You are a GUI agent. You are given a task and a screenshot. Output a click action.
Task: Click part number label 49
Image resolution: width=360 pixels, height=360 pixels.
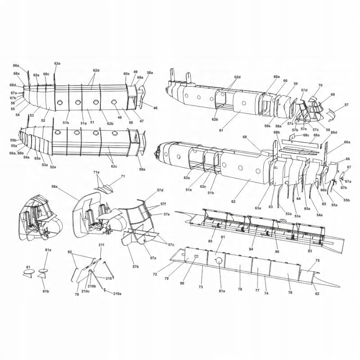click(135, 72)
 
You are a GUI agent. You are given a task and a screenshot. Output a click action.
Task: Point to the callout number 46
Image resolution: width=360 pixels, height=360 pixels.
click(155, 108)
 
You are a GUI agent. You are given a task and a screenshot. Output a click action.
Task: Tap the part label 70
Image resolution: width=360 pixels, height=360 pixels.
click(320, 85)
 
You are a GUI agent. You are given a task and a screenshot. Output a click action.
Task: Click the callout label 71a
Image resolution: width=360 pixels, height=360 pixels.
click(96, 172)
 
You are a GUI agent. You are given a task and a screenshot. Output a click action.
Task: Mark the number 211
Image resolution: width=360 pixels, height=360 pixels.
click(101, 244)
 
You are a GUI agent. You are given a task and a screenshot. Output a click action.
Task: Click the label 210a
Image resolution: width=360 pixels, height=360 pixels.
click(117, 293)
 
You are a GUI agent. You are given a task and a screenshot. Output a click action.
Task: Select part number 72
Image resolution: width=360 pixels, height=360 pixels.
click(155, 274)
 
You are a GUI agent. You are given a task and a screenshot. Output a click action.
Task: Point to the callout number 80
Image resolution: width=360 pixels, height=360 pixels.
click(182, 283)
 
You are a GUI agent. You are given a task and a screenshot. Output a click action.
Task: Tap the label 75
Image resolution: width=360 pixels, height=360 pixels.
click(317, 261)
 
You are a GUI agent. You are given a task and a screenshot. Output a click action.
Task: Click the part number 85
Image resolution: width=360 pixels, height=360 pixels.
click(210, 241)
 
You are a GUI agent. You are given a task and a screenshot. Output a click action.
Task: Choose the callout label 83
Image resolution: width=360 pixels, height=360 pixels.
click(310, 251)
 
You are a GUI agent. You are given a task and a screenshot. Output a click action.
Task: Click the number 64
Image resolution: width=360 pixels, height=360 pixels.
click(298, 198)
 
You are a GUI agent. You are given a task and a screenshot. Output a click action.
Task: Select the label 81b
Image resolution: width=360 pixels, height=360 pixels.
click(46, 292)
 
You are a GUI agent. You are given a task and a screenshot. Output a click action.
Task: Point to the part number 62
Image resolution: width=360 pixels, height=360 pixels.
click(234, 201)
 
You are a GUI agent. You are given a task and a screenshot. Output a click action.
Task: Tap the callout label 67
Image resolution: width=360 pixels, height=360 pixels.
click(349, 167)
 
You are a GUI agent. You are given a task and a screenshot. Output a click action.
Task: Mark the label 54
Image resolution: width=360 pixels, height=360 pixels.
click(18, 115)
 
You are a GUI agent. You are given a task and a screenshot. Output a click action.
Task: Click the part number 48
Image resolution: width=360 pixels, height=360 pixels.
click(120, 117)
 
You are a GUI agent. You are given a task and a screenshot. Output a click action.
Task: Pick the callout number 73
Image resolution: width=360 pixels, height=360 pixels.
click(201, 287)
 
